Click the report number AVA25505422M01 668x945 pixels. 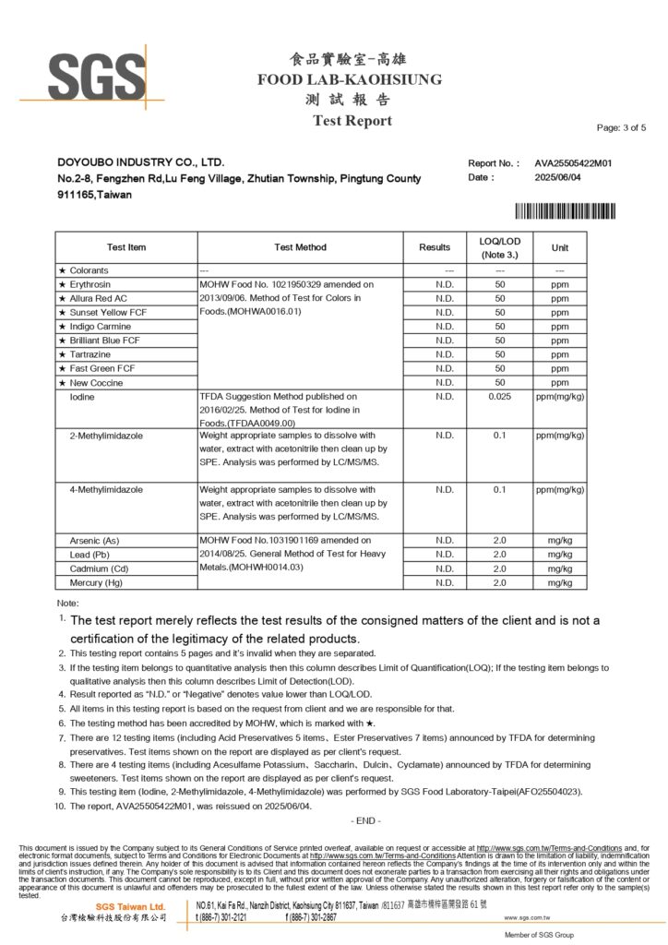coord(573,162)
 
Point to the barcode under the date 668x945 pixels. coord(565,210)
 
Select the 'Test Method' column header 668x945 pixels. coord(300,247)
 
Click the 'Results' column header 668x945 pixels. coord(435,247)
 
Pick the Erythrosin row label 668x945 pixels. coord(89,285)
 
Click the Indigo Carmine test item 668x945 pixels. coord(100,327)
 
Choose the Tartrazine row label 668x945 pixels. coord(91,354)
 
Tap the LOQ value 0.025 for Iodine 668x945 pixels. coord(500,397)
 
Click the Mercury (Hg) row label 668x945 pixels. coord(96,582)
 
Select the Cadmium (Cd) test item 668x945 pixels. coord(98,568)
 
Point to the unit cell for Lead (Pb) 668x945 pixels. coord(560,555)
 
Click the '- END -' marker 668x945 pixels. coord(365,820)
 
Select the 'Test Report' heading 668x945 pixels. coord(352,121)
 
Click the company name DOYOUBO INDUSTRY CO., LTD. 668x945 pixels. coord(140,162)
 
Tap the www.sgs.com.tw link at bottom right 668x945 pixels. coord(527,918)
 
